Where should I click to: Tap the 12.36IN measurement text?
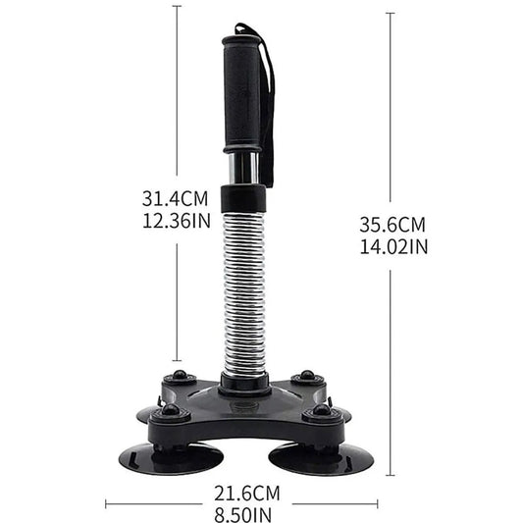tap(176, 221)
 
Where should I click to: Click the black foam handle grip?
tap(244, 93)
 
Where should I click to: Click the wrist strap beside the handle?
tap(267, 98)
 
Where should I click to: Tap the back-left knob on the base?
tap(179, 378)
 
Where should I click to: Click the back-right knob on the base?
tap(307, 377)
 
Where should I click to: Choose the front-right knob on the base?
tap(321, 412)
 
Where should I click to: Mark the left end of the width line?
tap(105, 505)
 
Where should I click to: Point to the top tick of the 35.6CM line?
tap(392, 13)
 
